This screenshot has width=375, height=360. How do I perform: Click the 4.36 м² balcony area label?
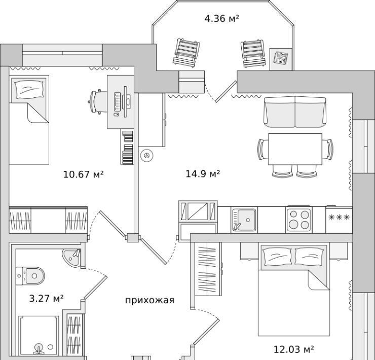[221, 18]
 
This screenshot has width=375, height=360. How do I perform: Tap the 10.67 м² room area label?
[83, 174]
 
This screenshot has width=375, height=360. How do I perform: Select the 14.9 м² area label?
[203, 174]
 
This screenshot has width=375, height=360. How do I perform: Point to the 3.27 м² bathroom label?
[47, 299]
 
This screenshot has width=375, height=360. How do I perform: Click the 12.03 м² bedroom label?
[294, 349]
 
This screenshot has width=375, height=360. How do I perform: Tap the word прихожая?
[149, 300]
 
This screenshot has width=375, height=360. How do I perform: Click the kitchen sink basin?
[244, 220]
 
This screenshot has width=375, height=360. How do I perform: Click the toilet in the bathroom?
[30, 276]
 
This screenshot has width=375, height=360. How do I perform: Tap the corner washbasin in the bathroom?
[72, 257]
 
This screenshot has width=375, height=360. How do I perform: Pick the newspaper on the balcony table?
[281, 58]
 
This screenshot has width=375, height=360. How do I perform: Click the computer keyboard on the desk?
[118, 102]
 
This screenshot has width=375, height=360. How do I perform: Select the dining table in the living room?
[295, 149]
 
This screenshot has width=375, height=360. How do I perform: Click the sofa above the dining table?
[295, 112]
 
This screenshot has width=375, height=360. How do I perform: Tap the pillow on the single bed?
[30, 89]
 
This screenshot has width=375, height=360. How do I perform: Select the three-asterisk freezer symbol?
[339, 218]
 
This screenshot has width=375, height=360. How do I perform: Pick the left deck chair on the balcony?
[186, 52]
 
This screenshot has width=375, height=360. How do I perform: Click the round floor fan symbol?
[147, 156]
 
